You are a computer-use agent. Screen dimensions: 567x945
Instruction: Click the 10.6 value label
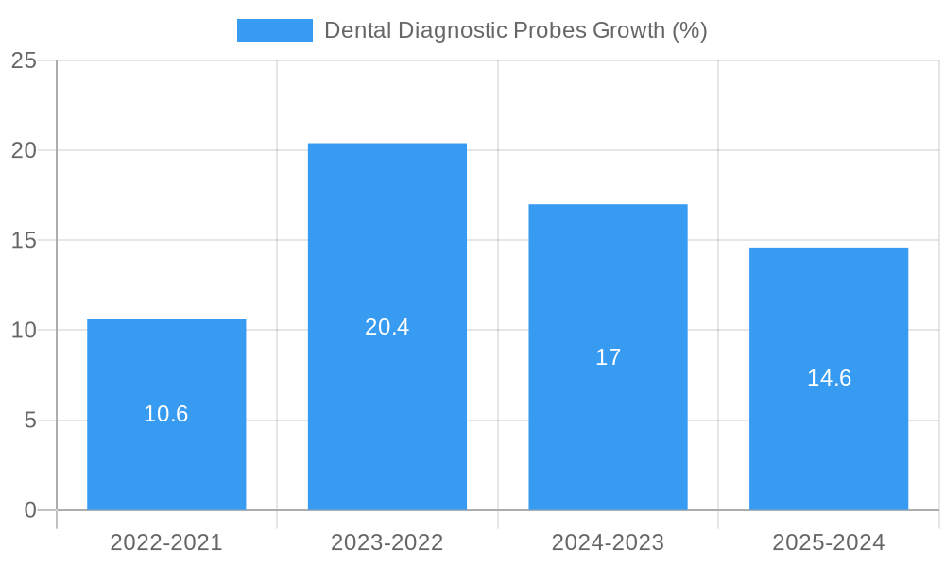166,414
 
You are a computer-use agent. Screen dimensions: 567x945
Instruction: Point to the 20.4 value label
387,327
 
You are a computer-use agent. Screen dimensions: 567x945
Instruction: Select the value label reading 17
608,357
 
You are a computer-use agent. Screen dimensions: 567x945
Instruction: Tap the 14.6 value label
829,378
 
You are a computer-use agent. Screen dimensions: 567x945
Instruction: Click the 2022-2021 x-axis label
166,542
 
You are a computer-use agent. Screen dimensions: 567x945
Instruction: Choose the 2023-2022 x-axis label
387,542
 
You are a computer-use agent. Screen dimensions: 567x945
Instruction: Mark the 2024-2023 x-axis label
608,542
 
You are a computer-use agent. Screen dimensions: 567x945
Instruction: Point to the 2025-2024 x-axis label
829,542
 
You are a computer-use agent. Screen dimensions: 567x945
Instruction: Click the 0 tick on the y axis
29,510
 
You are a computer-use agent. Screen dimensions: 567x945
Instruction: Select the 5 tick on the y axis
29,421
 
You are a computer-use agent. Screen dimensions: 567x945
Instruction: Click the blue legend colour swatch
274,30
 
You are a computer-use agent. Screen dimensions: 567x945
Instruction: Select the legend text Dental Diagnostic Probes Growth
515,30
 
